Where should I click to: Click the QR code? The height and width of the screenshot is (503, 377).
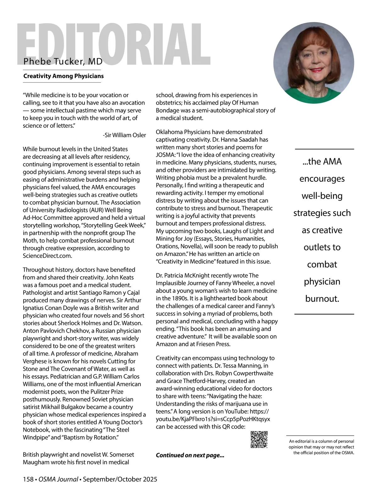(259, 439)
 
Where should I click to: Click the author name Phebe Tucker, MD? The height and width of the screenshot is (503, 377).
(63, 61)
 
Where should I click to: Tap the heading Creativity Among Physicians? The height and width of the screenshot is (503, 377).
(63, 76)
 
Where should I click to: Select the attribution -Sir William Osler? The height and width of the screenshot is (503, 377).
(124, 135)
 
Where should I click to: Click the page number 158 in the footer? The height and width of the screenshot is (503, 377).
(28, 479)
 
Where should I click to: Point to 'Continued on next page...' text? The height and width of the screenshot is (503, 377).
(190, 455)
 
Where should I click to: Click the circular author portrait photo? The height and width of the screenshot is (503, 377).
(314, 63)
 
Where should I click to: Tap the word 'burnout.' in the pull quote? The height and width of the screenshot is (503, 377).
(322, 299)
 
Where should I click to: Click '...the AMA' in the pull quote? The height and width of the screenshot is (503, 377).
(322, 162)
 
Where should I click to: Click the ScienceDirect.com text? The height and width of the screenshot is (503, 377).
(47, 256)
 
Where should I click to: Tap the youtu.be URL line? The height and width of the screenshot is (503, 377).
(213, 419)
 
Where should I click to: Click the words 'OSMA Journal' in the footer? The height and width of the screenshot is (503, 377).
(58, 479)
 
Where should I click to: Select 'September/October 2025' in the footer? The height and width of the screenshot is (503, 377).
(120, 479)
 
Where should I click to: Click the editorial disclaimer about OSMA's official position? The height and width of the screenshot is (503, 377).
(321, 447)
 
